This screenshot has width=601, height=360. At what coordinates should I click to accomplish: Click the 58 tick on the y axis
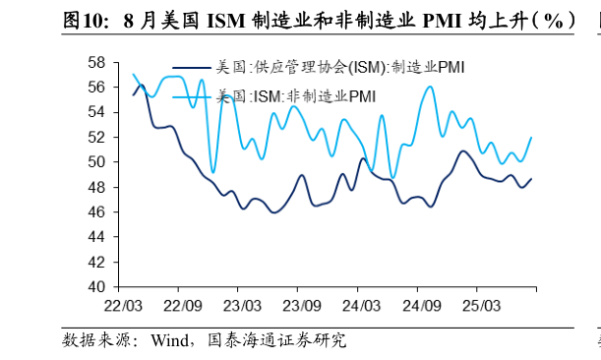coord(96,62)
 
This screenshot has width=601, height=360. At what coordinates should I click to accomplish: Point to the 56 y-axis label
coord(96,87)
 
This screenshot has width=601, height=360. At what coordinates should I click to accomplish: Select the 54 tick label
coord(96,112)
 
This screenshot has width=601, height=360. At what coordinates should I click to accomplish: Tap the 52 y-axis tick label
coord(96,137)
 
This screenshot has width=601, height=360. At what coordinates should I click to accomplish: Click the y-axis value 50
coord(96,162)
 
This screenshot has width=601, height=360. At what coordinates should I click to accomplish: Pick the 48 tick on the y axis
coord(96,187)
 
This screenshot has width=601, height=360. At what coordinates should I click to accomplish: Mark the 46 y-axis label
coord(96,212)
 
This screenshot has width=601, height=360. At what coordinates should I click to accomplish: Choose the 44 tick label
coord(96,237)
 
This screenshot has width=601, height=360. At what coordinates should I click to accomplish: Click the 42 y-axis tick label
coord(96,263)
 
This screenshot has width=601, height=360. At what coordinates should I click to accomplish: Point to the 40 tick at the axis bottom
coord(96,287)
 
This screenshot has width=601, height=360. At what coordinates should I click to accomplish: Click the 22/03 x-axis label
coord(124,306)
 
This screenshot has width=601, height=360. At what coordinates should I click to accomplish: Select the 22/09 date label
coord(183,306)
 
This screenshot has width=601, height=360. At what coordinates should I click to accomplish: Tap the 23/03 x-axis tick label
coord(243,306)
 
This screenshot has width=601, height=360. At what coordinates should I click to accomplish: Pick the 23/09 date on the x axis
coord(302,306)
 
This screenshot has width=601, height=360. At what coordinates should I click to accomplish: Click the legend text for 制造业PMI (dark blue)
coord(340,68)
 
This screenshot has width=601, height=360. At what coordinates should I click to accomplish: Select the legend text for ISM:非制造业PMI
coord(296,95)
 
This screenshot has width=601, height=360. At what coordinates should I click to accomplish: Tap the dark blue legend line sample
coord(191,68)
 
